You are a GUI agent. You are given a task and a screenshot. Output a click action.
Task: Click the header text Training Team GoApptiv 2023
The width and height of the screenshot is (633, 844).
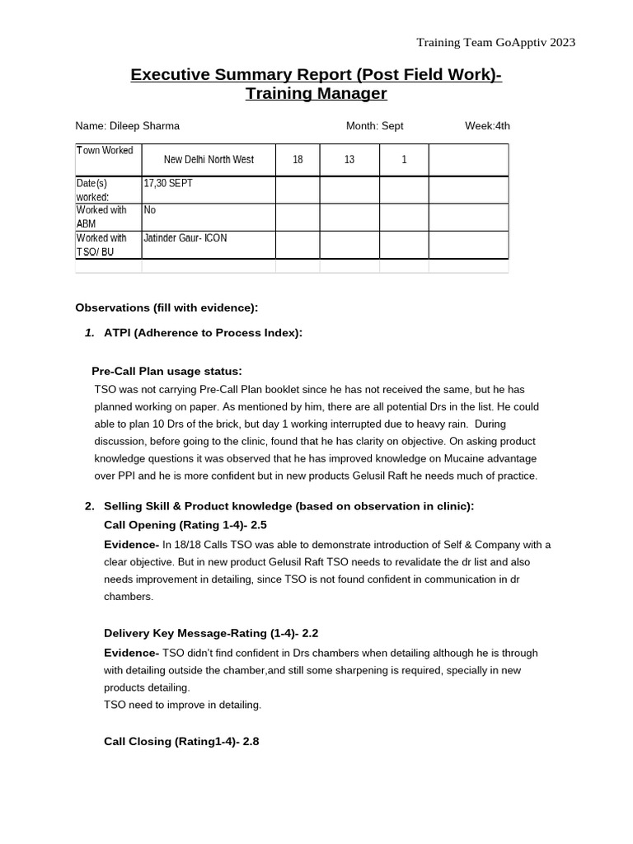[x=495, y=42]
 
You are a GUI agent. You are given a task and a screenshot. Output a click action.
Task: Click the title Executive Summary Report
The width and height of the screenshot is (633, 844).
[x=316, y=76]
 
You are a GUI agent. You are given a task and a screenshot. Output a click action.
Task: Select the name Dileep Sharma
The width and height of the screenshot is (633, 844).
[x=127, y=126]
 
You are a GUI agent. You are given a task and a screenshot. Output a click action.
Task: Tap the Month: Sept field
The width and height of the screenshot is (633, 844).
[x=374, y=126]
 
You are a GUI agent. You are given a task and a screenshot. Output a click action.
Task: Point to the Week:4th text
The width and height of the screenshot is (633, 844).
[x=487, y=126]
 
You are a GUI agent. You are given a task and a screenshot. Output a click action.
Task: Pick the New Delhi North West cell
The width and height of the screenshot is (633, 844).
[x=209, y=160]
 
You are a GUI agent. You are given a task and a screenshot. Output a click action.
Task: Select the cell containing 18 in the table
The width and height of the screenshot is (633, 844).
[x=298, y=160]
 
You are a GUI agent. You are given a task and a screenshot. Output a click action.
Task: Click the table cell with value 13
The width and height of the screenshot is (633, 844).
[x=349, y=160]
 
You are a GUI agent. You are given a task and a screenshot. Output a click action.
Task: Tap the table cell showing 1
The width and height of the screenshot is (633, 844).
[x=404, y=160]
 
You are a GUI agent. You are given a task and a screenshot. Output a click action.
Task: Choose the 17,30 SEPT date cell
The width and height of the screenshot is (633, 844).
[x=168, y=184]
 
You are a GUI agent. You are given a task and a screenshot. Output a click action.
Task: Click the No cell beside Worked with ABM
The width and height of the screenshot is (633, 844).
[x=150, y=211]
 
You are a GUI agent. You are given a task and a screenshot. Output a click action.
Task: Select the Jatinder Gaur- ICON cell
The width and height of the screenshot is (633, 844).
[x=185, y=238]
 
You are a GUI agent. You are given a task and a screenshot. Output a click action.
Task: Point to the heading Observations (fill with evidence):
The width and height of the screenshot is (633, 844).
[x=166, y=307]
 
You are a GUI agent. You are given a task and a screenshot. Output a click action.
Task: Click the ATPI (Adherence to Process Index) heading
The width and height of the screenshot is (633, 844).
[x=203, y=333]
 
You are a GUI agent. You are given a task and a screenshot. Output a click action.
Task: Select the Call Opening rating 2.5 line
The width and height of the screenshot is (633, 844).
[x=185, y=525]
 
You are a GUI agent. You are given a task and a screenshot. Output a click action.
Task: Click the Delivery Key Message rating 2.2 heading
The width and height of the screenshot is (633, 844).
[x=211, y=633]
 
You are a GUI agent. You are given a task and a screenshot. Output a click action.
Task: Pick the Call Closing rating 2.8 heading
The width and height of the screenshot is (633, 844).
[x=181, y=741]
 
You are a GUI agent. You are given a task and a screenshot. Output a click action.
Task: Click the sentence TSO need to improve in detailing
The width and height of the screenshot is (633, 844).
[x=182, y=705]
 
